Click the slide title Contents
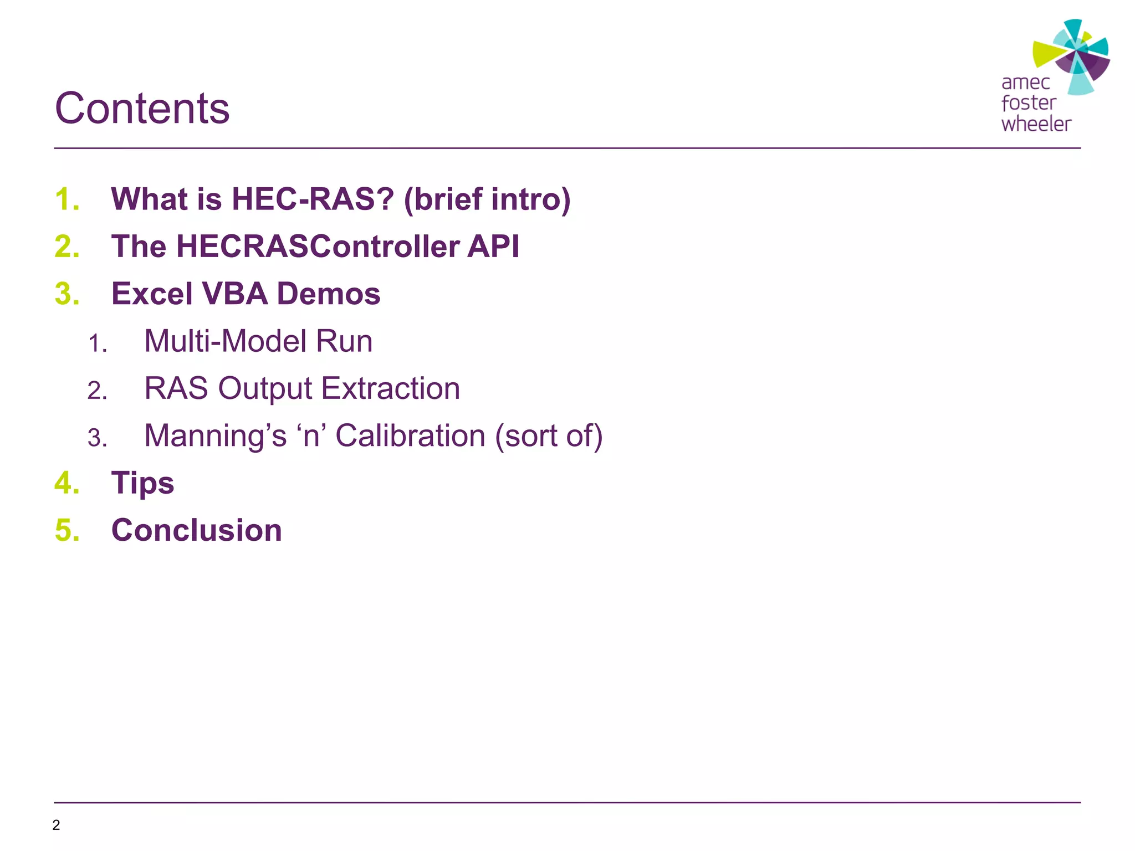142,109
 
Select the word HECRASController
317,247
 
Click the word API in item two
493,247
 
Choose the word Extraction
390,388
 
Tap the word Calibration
410,436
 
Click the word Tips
142,484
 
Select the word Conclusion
197,531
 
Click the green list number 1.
67,199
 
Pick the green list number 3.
67,294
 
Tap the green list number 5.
67,531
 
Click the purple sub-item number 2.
97,391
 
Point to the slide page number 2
56,825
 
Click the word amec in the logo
1025,83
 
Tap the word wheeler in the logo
1036,124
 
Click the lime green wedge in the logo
1046,54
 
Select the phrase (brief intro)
487,199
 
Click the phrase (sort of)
549,436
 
